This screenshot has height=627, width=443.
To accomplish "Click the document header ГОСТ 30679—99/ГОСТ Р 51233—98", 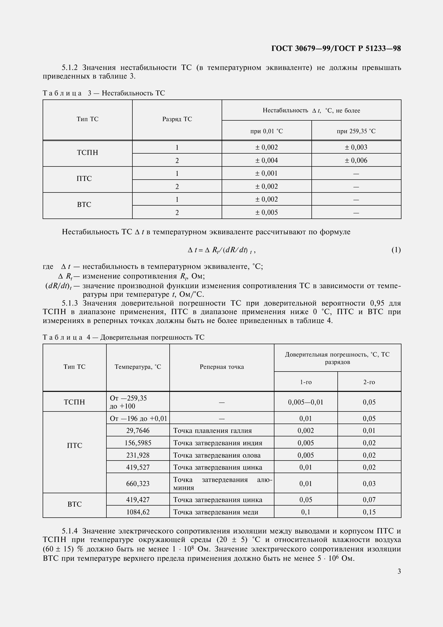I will (336, 49).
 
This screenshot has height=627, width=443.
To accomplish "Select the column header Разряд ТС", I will (177, 119).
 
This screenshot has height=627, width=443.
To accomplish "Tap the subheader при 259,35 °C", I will (356, 131).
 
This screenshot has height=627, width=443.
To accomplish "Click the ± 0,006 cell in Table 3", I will (356, 161).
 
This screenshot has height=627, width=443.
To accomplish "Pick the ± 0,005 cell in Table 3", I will (266, 213).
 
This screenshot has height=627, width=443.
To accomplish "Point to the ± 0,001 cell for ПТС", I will (266, 173).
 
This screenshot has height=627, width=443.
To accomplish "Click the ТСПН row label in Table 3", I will (87, 153).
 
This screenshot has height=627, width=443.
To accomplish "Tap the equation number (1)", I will (396, 250).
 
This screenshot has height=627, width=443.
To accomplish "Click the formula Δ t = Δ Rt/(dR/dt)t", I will (221, 250).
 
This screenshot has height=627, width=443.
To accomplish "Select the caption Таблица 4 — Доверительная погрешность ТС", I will (123, 337).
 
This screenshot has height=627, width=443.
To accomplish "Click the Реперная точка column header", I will (222, 367).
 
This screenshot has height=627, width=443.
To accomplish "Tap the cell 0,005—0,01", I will (306, 402).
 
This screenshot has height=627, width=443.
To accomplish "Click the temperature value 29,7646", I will (138, 431).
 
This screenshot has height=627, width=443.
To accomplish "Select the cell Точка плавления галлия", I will (212, 431).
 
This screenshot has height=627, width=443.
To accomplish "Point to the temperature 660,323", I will (138, 484).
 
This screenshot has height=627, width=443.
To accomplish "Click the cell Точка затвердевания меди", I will (216, 512).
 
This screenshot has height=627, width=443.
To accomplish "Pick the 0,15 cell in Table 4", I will (369, 512).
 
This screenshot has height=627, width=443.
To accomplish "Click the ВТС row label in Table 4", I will (75, 504).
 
